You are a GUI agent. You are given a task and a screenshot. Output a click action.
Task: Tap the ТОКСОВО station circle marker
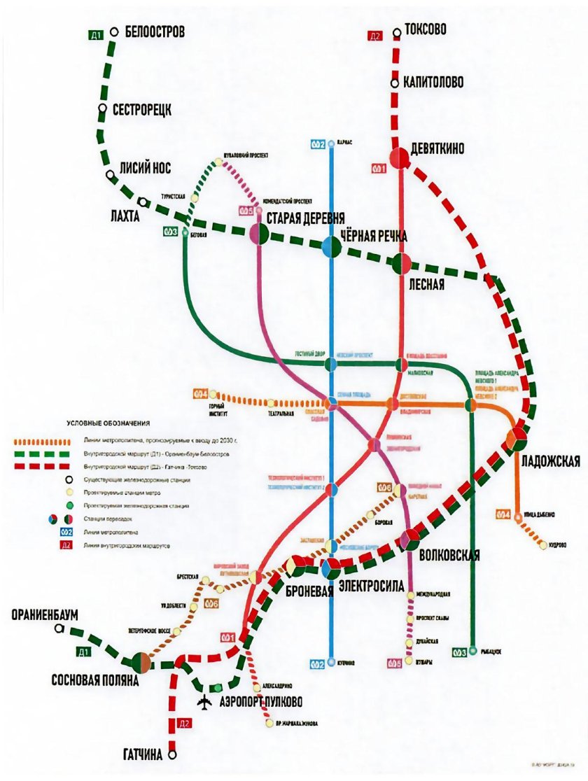click(x=397, y=31)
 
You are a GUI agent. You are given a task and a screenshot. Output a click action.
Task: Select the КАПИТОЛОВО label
click(x=433, y=83)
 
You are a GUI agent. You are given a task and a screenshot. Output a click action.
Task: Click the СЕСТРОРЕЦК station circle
click(x=103, y=109)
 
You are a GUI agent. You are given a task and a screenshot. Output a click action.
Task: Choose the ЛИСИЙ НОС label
click(x=146, y=169)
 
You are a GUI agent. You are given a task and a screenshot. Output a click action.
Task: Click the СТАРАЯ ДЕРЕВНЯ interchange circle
click(x=260, y=234)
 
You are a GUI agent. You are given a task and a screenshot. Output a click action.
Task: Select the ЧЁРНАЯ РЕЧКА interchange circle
click(x=331, y=246)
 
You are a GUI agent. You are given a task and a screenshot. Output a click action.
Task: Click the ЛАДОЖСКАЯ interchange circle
click(x=517, y=438)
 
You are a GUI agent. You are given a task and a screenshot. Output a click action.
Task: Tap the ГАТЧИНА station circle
click(x=172, y=755)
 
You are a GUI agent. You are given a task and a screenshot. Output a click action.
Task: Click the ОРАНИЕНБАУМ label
click(x=45, y=614)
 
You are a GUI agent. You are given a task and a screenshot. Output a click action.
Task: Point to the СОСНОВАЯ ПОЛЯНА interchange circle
click(x=141, y=661)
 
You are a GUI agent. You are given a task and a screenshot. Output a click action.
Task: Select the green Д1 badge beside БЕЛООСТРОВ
click(x=97, y=34)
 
